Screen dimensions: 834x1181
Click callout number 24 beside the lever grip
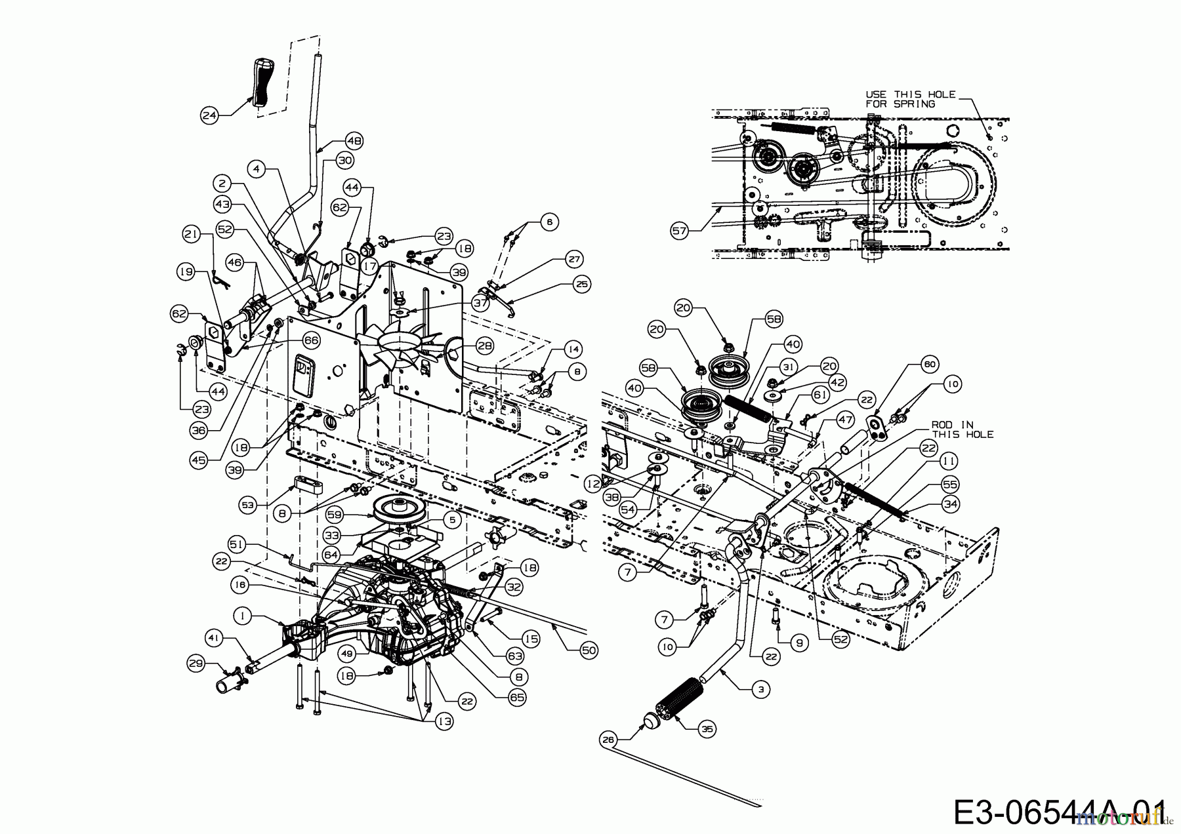209,116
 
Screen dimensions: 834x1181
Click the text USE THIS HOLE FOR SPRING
910,99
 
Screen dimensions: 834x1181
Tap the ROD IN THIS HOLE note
962,429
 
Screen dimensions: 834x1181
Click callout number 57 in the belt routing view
680,229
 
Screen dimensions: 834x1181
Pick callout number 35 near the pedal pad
707,728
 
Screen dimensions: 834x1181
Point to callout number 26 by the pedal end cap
609,740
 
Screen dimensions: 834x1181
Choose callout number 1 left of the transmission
243,616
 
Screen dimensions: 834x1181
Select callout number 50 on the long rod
589,650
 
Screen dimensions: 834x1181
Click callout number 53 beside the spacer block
247,506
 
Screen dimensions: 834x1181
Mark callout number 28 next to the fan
484,346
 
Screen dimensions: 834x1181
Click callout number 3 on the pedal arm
760,689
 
